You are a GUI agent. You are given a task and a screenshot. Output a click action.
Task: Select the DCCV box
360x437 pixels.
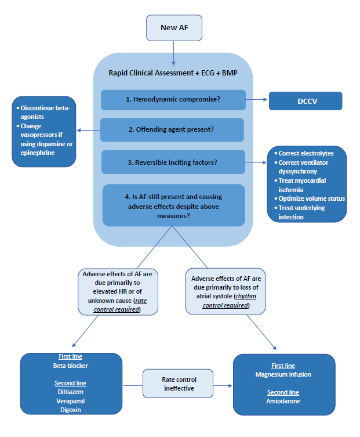(x=306, y=100)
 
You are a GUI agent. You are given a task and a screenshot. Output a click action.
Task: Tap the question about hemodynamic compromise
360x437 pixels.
(x=173, y=100)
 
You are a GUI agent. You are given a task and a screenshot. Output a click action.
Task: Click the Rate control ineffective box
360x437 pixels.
(x=177, y=384)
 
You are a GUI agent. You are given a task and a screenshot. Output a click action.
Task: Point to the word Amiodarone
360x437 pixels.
(x=283, y=401)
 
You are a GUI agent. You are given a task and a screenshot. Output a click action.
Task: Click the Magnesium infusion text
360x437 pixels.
(x=283, y=374)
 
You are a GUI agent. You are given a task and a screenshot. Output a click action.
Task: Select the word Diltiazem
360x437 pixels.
(x=70, y=392)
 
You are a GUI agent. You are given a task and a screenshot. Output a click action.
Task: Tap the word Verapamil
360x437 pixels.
(x=70, y=400)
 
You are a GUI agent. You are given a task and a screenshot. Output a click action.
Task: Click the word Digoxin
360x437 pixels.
(x=70, y=409)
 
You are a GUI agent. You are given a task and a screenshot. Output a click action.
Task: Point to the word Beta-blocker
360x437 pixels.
(x=70, y=366)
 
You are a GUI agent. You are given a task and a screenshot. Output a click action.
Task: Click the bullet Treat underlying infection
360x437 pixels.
(x=308, y=212)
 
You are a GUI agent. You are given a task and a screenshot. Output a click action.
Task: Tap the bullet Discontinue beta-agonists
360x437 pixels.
(x=43, y=112)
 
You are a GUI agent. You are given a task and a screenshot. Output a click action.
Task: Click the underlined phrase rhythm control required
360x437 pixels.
(x=225, y=301)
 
